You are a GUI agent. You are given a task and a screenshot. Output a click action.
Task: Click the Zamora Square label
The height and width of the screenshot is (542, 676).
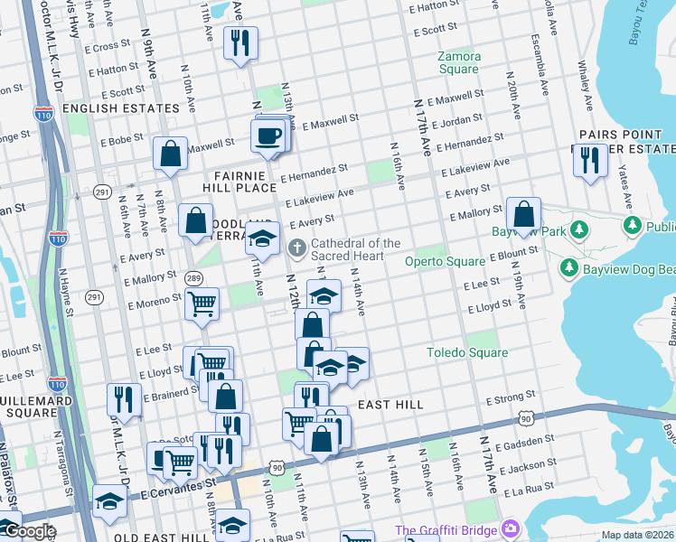[458, 62]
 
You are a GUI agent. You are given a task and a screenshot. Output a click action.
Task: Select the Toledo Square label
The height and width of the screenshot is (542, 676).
[467, 352]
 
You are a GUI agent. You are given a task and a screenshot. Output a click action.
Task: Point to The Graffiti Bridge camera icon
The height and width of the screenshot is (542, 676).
[511, 528]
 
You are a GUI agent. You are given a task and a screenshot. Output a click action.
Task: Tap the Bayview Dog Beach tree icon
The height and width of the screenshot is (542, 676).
[568, 268]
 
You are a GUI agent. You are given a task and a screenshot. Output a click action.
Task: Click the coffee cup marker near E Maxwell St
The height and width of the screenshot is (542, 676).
[269, 135]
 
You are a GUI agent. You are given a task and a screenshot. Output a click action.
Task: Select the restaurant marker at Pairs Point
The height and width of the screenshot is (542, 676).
[590, 160]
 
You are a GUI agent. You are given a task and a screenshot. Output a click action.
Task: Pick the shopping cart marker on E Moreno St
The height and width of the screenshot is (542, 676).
[202, 304]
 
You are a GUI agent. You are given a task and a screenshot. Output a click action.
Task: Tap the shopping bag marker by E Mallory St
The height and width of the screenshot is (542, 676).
[523, 214]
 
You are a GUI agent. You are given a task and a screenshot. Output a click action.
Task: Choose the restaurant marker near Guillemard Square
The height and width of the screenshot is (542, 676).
[125, 398]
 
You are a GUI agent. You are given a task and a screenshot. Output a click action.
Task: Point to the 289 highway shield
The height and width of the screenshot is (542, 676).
[193, 277]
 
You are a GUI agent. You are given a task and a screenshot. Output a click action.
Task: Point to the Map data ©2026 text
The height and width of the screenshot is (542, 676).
[637, 534]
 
